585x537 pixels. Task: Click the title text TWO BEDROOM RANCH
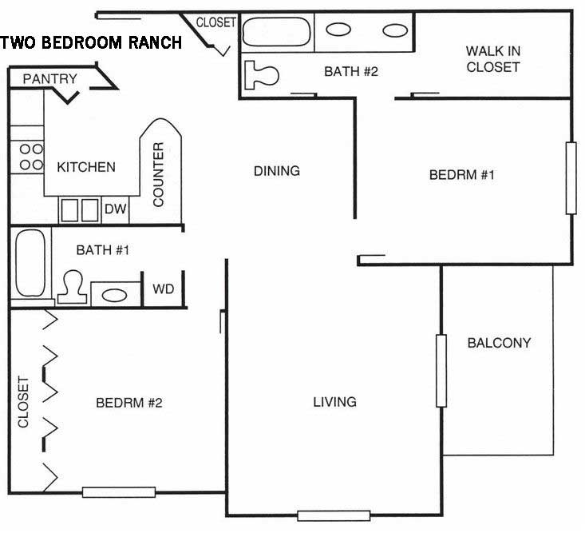click(x=92, y=43)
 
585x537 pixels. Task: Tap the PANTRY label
click(x=49, y=78)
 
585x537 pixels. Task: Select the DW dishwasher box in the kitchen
click(x=115, y=209)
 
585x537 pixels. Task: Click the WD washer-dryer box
click(x=163, y=288)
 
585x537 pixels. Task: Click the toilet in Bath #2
click(x=262, y=74)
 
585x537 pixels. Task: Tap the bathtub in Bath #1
click(x=31, y=262)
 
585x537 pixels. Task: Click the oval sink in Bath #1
click(x=115, y=294)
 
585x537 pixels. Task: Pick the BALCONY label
click(x=499, y=343)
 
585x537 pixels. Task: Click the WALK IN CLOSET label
click(x=492, y=59)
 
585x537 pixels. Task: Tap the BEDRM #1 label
click(x=461, y=175)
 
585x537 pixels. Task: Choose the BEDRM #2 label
click(x=129, y=402)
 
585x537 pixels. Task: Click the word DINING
click(x=276, y=170)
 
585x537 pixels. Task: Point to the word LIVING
click(x=334, y=401)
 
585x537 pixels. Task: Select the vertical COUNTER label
click(x=158, y=174)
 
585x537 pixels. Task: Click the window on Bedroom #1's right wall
click(x=571, y=177)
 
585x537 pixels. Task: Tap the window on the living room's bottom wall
click(x=334, y=515)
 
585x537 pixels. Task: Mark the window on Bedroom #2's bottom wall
click(x=117, y=492)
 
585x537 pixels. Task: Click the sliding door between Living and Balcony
click(x=440, y=370)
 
